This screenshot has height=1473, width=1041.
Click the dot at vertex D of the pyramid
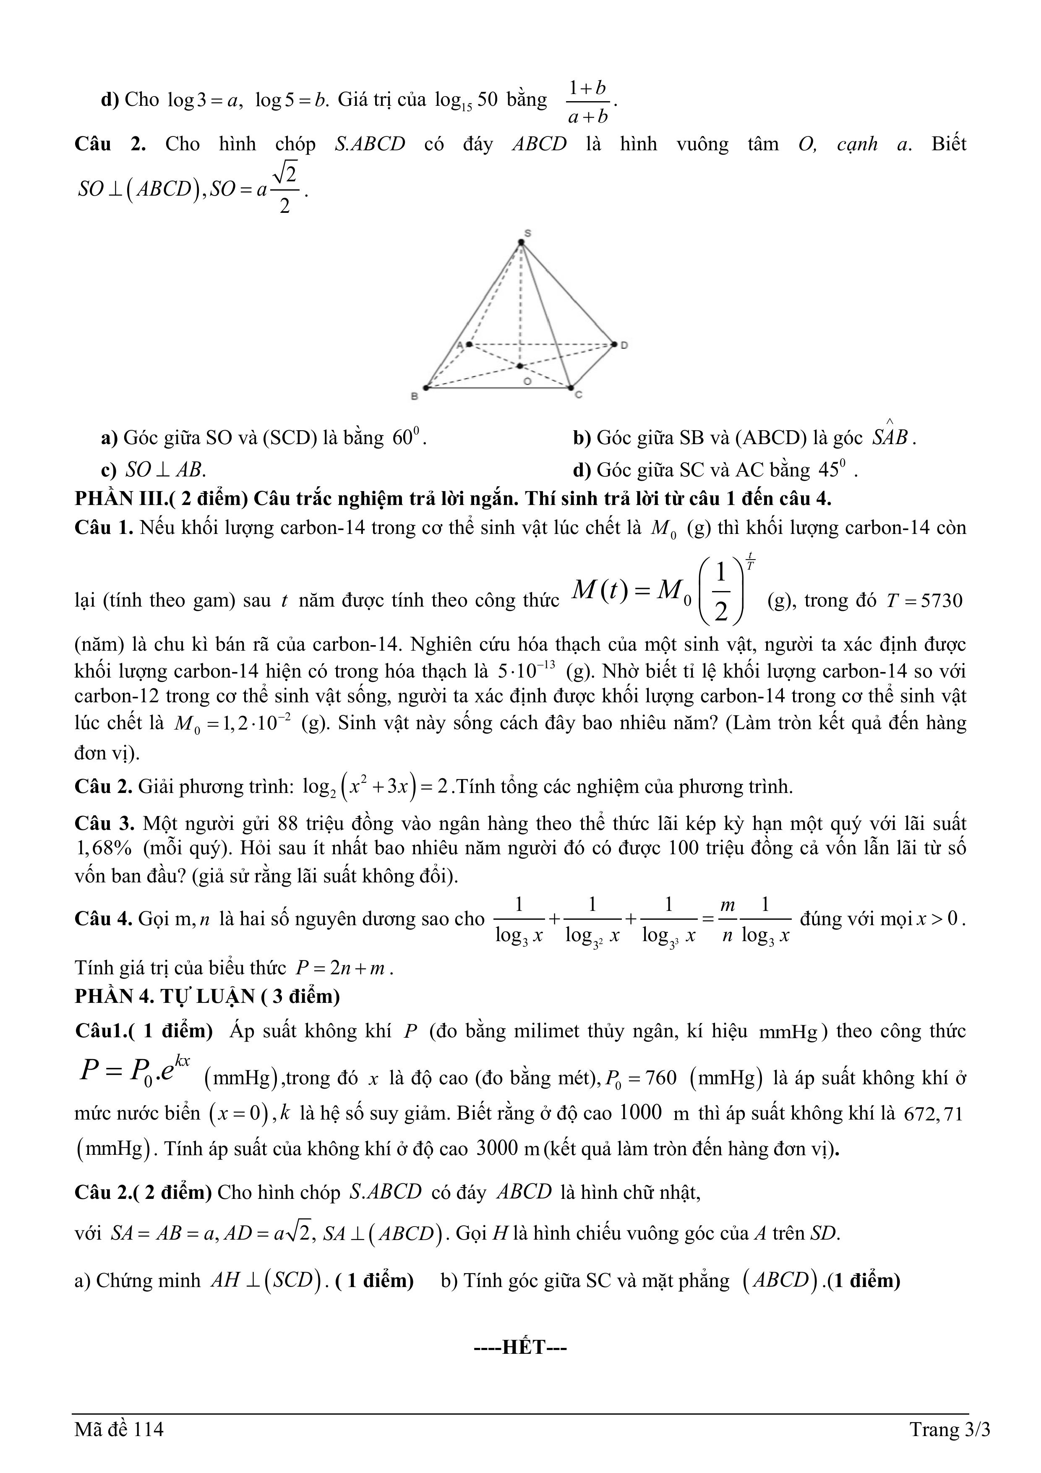click(614, 345)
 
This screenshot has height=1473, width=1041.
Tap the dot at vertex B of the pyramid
click(425, 387)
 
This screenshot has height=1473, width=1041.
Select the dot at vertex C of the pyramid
click(570, 387)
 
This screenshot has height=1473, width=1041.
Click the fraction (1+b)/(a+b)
click(587, 101)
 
